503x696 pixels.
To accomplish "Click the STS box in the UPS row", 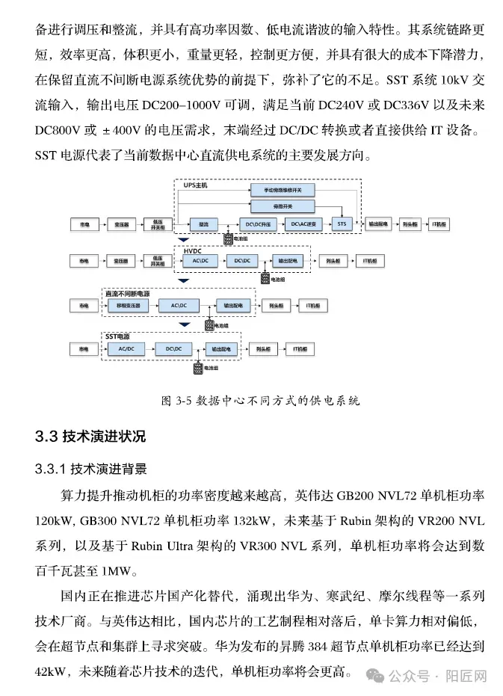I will [x=342, y=224].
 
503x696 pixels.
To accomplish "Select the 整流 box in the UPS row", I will [x=203, y=224].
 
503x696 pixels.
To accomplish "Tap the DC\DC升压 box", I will [x=257, y=224].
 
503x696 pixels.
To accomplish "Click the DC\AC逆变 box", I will [x=303, y=224].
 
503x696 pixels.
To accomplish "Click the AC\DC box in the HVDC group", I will [x=200, y=260].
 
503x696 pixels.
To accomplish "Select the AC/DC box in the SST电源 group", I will [x=126, y=349].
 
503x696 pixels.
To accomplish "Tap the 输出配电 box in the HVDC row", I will [x=287, y=260].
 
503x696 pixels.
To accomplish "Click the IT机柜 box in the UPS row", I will [x=439, y=224].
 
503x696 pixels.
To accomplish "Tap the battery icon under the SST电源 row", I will [x=199, y=368].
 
